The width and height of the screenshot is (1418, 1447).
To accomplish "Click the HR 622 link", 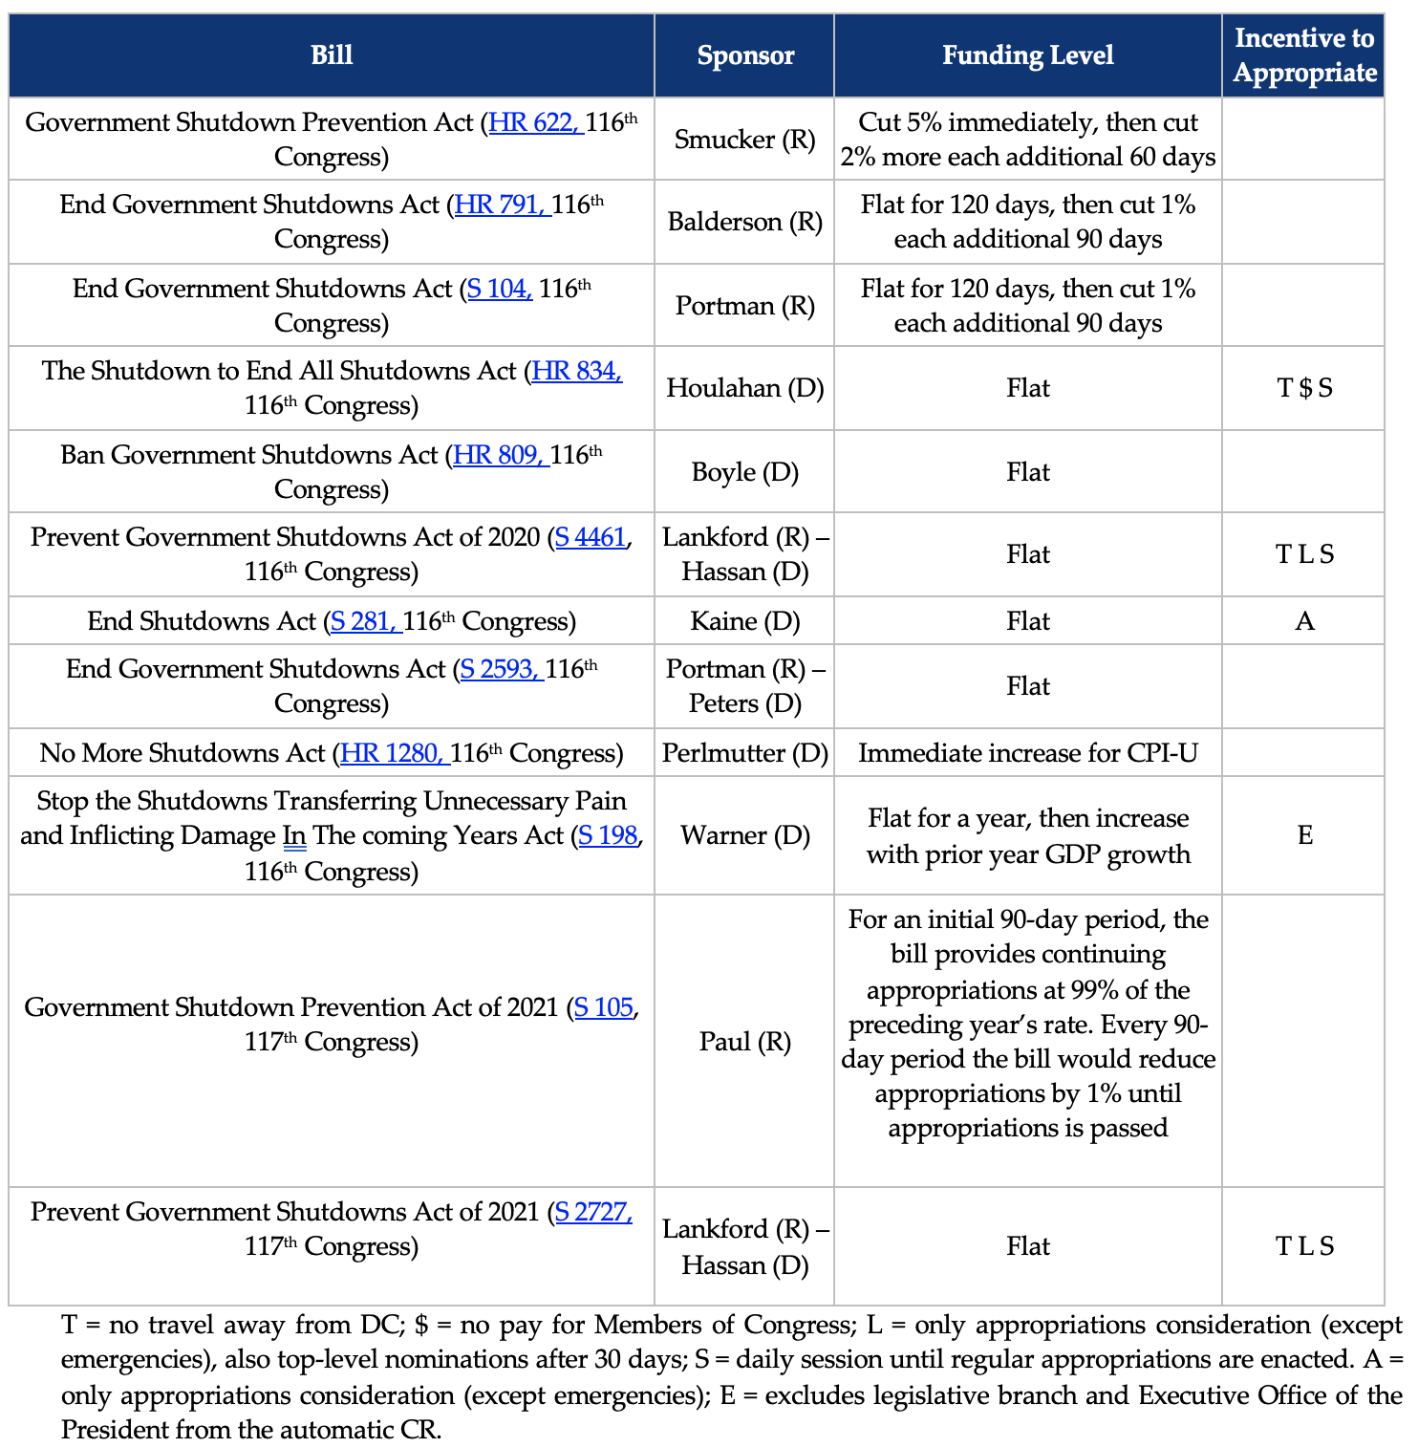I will (x=534, y=123).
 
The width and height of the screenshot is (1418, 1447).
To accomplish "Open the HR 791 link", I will (x=501, y=205).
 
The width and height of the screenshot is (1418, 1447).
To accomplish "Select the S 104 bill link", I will (x=499, y=290).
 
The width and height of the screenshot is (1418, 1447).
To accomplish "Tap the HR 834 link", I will (x=577, y=372).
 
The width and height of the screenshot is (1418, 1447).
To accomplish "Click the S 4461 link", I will (x=591, y=538).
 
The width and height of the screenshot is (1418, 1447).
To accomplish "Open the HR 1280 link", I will (x=392, y=754).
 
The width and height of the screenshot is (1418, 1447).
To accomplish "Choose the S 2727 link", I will (x=592, y=1213).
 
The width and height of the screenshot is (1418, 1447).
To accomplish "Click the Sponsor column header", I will (x=745, y=55).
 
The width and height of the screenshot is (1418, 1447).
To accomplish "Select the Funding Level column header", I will (x=1028, y=55).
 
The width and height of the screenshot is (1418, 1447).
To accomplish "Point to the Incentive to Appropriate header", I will (x=1303, y=55).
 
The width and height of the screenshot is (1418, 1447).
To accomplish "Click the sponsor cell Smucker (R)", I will (x=745, y=140).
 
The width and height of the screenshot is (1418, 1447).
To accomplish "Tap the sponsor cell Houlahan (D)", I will (x=745, y=388).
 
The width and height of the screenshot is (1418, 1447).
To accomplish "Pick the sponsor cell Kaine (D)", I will (x=745, y=622).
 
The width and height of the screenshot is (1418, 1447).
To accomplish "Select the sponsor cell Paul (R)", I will (x=745, y=1042).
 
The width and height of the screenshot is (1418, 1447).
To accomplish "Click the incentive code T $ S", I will (x=1304, y=388).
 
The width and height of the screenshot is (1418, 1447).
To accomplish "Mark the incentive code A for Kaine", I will (x=1304, y=622).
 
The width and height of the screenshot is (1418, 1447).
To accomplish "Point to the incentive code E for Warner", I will (x=1304, y=836).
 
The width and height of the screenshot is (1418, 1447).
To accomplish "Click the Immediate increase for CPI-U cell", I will (x=1028, y=754).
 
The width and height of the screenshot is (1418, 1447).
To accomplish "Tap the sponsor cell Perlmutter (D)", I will (x=745, y=754).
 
